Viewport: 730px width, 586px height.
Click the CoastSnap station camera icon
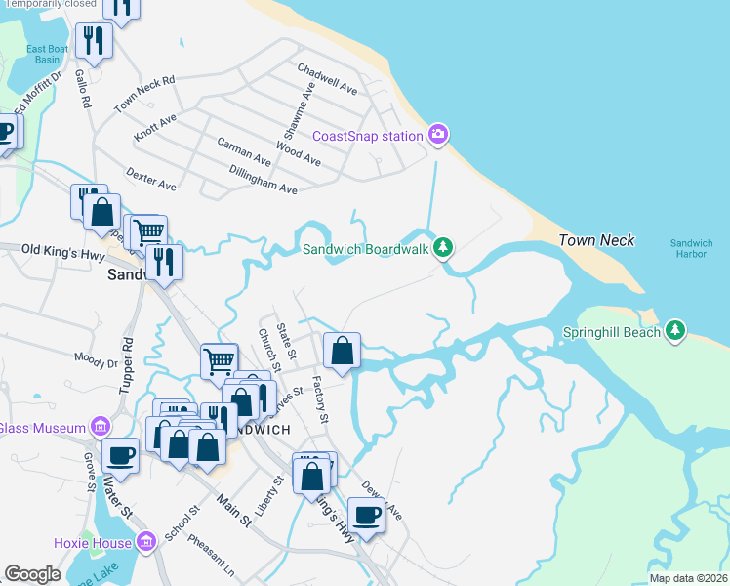[x=439, y=134]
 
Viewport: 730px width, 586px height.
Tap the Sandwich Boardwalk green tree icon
[x=444, y=248]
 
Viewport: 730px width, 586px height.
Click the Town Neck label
[x=596, y=240]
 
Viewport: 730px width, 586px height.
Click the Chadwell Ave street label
[x=328, y=79]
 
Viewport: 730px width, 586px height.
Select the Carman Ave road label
[x=244, y=150]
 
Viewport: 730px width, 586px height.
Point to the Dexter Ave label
[x=151, y=179]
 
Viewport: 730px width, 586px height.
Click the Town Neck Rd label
[x=143, y=94]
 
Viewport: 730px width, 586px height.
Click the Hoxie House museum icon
[x=146, y=541]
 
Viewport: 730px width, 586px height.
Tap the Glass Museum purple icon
[x=99, y=427]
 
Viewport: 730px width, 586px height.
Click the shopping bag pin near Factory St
[x=342, y=351]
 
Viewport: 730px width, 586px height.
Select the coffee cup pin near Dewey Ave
[x=367, y=514]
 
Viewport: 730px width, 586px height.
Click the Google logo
[x=32, y=574]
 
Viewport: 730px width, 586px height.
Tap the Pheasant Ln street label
[x=212, y=554]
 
